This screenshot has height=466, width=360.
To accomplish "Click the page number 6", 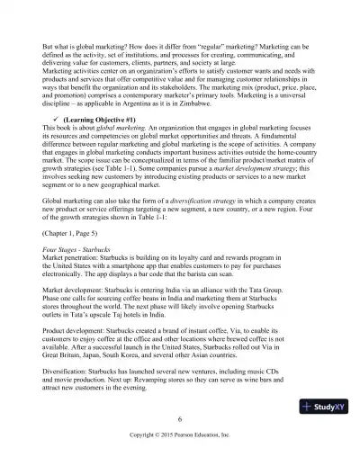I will click(x=180, y=418).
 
